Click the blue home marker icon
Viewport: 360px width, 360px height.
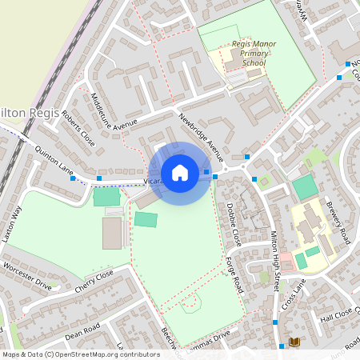pyautogui.click(x=179, y=172)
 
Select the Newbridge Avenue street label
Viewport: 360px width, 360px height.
pyautogui.click(x=202, y=137)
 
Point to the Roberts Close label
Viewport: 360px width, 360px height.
pyautogui.click(x=78, y=130)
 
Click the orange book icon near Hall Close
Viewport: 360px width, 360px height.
pyautogui.click(x=294, y=342)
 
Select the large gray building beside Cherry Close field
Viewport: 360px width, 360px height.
pyautogui.click(x=113, y=232)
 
